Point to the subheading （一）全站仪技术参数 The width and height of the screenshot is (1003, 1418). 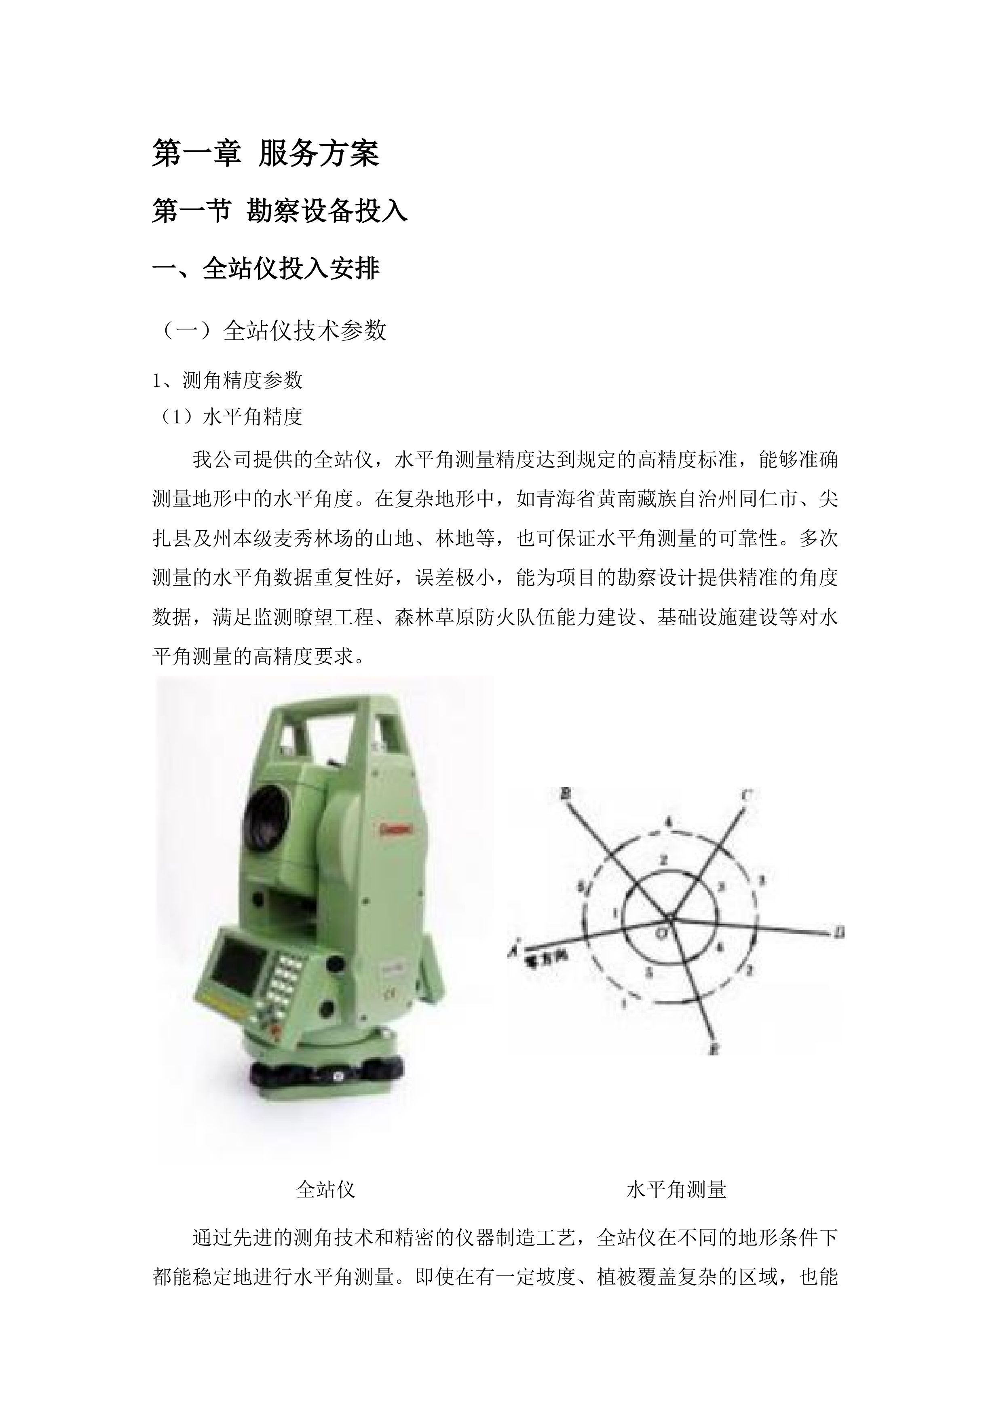pyautogui.click(x=272, y=330)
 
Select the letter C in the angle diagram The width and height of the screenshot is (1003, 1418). pyautogui.click(x=745, y=796)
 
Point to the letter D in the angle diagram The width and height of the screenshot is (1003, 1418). pyautogui.click(x=838, y=933)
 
